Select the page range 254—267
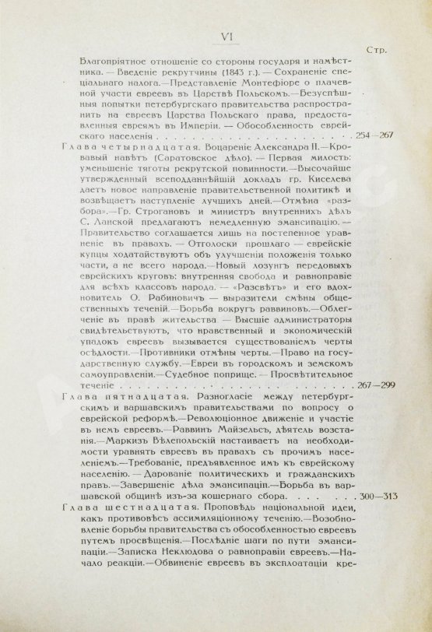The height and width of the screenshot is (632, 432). coord(375,135)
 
